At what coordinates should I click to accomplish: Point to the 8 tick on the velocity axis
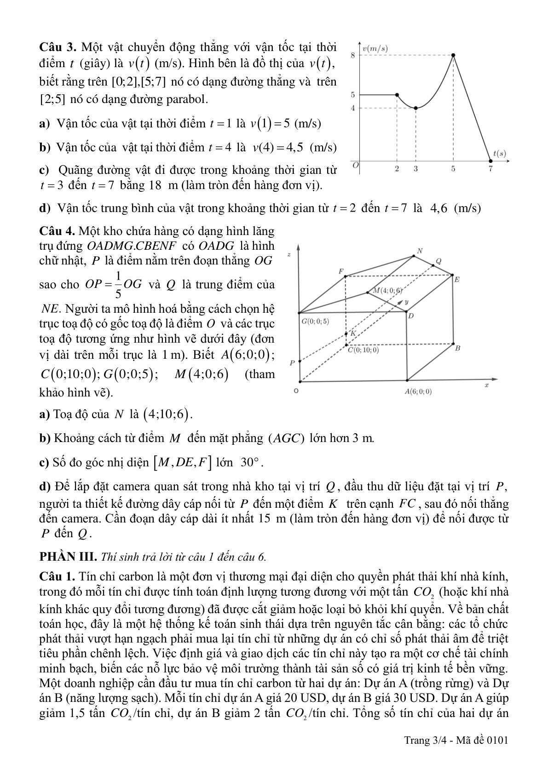click(x=353, y=55)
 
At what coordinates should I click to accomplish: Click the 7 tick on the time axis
click(x=490, y=169)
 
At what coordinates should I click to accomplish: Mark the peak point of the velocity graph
click(x=453, y=55)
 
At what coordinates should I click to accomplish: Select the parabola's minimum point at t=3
click(x=416, y=108)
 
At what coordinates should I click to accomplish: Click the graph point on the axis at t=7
click(x=490, y=161)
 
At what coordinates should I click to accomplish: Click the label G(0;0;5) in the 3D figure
click(x=315, y=321)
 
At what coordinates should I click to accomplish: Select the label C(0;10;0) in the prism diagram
click(x=363, y=350)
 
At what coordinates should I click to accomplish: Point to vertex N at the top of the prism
click(x=419, y=251)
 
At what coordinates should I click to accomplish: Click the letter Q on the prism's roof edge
click(x=438, y=261)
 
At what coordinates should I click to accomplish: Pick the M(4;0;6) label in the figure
click(x=388, y=290)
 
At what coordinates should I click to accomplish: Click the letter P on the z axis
click(x=291, y=363)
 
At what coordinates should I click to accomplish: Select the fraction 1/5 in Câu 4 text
click(x=118, y=284)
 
